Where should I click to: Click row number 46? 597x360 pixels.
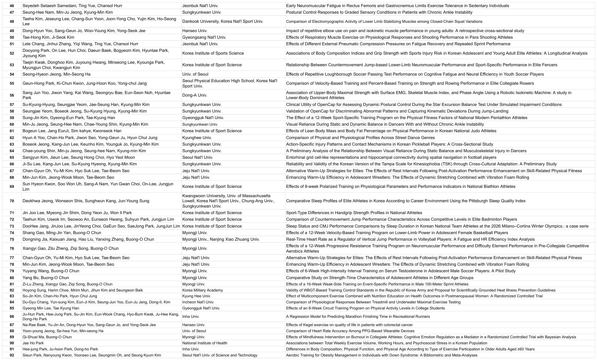(x=12, y=6)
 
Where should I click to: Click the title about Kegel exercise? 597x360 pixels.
(x=349, y=325)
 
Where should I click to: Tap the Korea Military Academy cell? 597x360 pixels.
(x=202, y=290)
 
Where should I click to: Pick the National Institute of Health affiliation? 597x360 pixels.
(x=205, y=343)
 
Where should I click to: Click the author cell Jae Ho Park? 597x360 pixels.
(x=33, y=343)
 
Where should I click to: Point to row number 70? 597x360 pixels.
(x=12, y=201)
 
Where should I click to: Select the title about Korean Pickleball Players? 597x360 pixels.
(x=389, y=144)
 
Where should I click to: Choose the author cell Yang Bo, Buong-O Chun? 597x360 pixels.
(x=46, y=278)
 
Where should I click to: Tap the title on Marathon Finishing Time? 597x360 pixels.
(x=358, y=317)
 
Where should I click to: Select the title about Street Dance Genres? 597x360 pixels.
(x=360, y=138)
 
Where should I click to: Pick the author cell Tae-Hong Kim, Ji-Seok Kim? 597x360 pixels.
(x=48, y=37)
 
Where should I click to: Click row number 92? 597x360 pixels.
(x=12, y=355)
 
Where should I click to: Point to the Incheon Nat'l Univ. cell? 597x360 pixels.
(x=198, y=302)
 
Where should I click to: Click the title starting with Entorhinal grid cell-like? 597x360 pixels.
(x=391, y=157)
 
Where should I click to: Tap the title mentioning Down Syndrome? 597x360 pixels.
(x=381, y=355)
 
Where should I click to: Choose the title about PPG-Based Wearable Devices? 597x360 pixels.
(x=350, y=331)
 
